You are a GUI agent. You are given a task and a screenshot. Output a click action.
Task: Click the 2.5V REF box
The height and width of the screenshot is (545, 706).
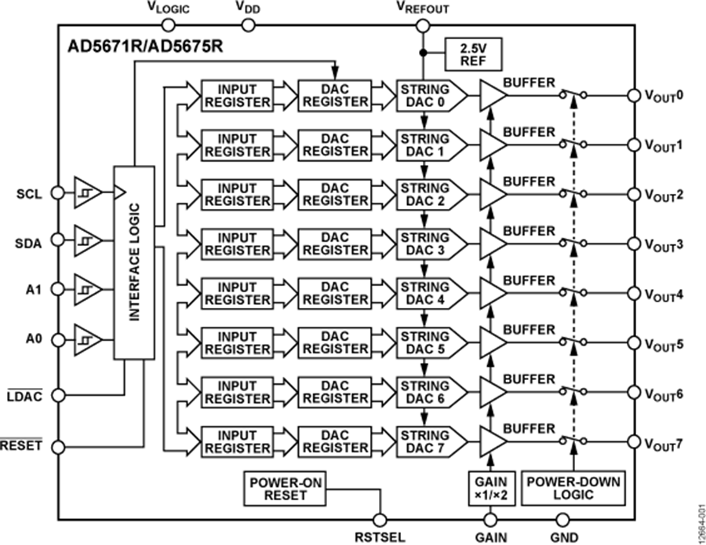click(473, 53)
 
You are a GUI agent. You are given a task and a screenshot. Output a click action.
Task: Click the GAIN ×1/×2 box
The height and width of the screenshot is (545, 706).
click(491, 488)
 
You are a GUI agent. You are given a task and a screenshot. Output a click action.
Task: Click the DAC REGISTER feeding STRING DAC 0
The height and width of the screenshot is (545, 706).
click(335, 95)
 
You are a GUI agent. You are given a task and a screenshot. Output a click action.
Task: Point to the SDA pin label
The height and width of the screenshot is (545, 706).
click(29, 242)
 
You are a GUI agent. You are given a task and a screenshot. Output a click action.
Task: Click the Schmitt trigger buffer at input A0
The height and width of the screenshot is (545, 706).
click(87, 340)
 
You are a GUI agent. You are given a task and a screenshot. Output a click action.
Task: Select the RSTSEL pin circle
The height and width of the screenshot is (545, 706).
click(381, 520)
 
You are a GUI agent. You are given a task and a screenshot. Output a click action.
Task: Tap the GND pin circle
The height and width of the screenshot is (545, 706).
click(562, 520)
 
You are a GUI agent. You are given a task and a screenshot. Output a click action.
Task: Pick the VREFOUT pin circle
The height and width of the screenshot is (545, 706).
click(424, 26)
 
